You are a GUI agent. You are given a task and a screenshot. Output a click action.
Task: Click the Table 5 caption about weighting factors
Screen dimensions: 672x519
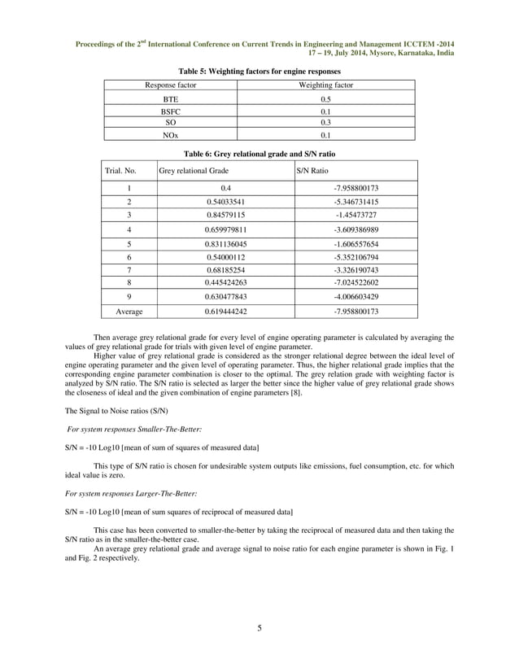click(259, 72)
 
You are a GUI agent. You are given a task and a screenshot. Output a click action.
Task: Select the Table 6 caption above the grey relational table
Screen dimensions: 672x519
click(259, 153)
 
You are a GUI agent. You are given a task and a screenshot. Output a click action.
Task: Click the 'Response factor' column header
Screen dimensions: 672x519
click(170, 85)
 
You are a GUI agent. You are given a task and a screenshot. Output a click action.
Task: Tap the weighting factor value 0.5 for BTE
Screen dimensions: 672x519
click(325, 98)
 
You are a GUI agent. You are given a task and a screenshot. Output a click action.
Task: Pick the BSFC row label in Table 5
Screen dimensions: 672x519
click(170, 111)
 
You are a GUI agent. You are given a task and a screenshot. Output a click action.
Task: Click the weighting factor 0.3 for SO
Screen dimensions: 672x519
click(325, 122)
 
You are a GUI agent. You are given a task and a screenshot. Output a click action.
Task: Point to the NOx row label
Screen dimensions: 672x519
click(170, 135)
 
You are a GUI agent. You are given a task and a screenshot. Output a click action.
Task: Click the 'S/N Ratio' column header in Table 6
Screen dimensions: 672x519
click(314, 172)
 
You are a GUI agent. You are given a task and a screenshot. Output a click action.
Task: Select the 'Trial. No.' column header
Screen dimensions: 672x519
click(120, 172)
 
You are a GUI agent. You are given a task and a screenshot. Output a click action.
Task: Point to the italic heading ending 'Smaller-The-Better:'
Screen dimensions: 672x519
click(123, 428)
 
